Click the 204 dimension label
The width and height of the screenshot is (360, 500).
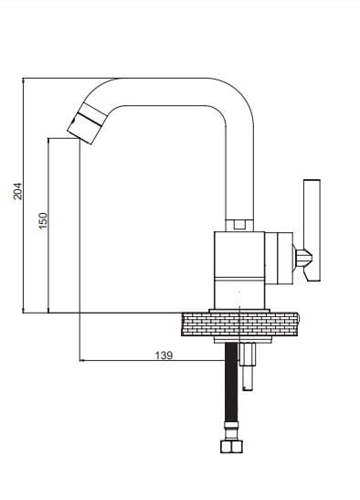click(18, 191)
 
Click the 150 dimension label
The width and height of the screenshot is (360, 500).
click(42, 220)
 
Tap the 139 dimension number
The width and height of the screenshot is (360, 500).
click(164, 355)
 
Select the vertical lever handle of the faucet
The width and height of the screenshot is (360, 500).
click(312, 230)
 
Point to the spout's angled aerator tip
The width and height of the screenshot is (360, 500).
click(84, 124)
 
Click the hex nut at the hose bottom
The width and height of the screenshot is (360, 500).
click(232, 446)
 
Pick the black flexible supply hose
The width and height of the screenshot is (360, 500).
click(231, 382)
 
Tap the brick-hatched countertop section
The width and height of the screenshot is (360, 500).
click(240, 324)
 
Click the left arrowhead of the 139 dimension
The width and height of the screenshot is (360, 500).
click(82, 361)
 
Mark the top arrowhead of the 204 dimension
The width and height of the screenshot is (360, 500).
click(23, 80)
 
